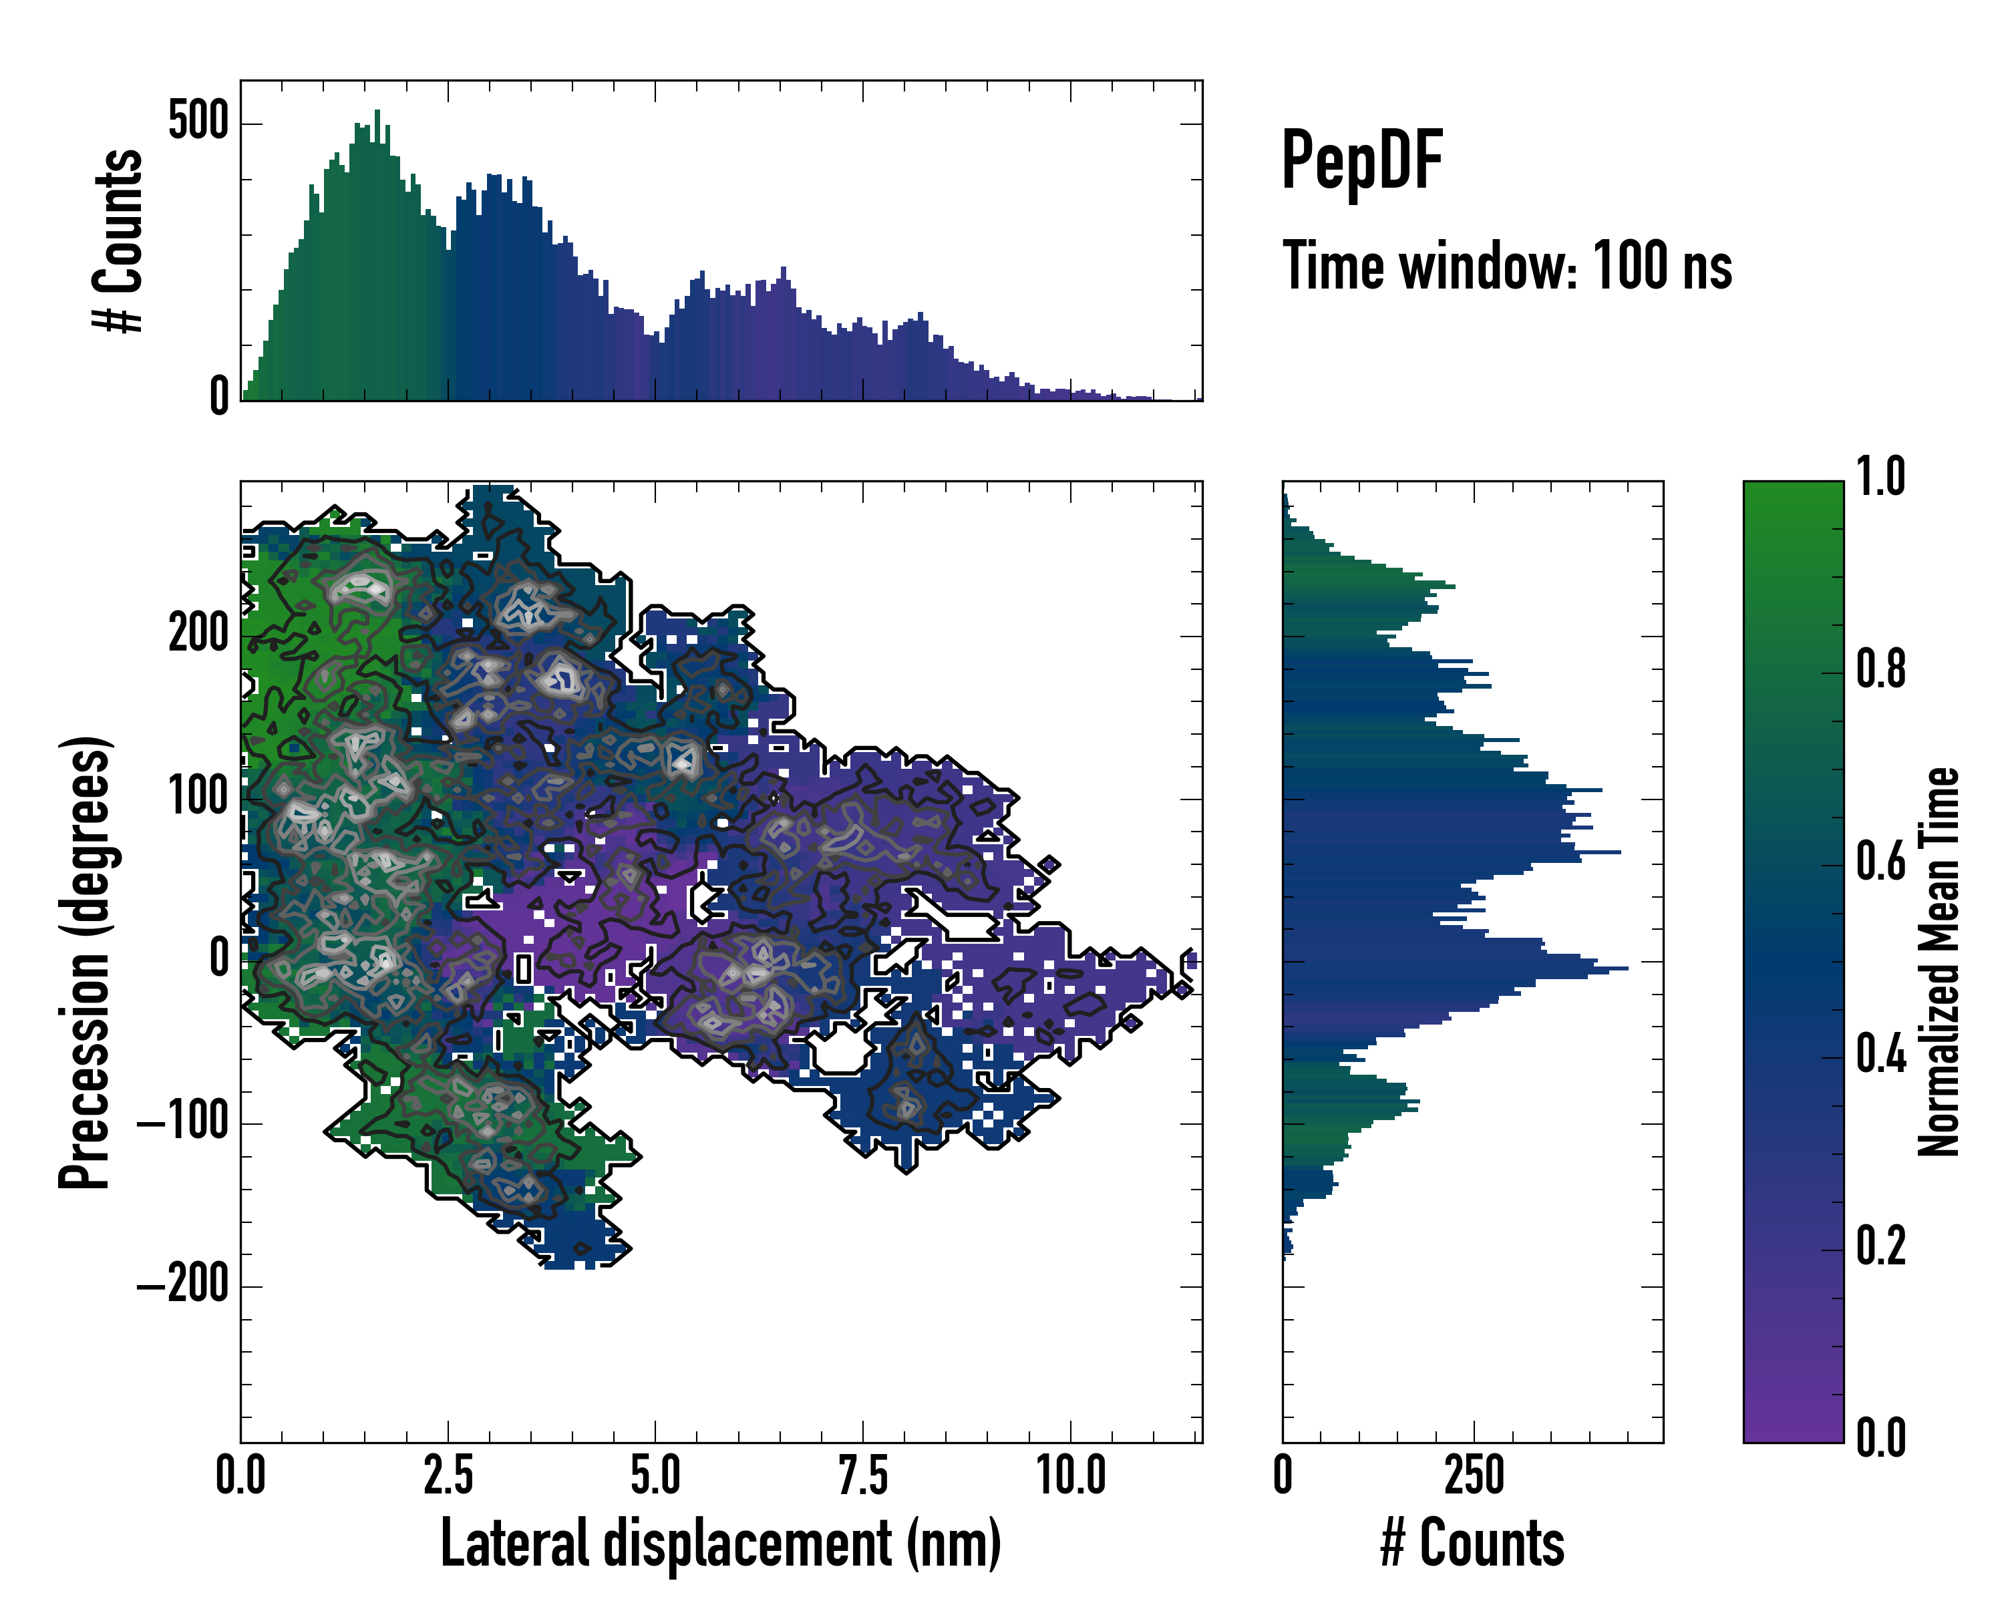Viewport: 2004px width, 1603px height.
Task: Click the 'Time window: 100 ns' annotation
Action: click(x=1507, y=266)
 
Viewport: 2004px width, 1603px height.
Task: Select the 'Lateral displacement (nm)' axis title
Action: click(x=720, y=1544)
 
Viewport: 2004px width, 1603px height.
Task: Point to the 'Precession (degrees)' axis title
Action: click(x=86, y=962)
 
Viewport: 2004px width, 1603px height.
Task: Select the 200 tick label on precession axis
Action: click(x=198, y=636)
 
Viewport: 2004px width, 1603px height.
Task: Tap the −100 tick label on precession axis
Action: click(x=183, y=1123)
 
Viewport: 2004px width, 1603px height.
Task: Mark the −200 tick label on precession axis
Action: click(x=183, y=1286)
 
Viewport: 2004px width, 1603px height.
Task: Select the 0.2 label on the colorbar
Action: click(x=1880, y=1246)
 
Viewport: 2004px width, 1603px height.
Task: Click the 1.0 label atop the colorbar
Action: click(x=1880, y=477)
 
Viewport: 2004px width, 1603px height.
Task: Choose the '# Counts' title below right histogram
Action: click(x=1472, y=1544)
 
